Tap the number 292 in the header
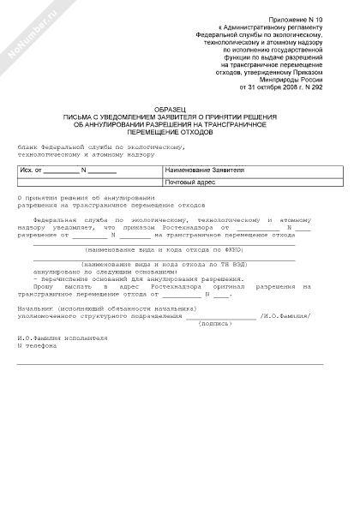[x=315, y=87]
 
